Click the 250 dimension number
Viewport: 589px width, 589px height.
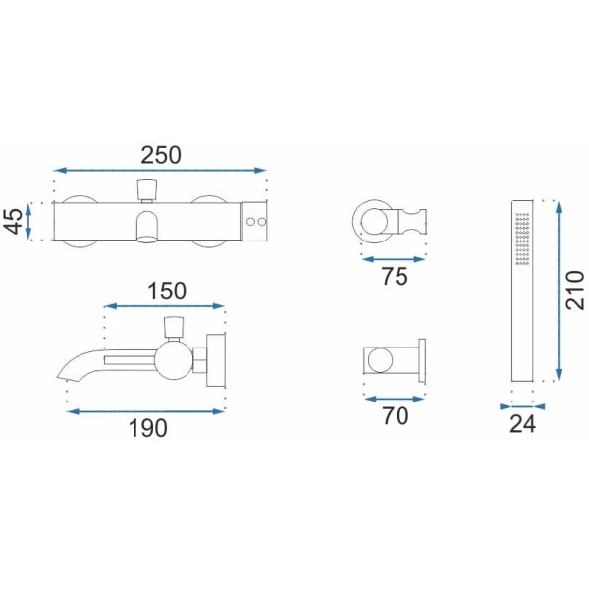161,155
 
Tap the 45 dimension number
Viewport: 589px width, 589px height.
13,221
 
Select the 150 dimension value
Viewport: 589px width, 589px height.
167,292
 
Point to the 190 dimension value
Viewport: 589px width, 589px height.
148,428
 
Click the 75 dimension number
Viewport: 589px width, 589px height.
395,277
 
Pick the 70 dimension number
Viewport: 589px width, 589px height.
396,416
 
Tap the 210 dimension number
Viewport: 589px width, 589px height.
575,291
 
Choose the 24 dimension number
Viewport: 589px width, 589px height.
522,424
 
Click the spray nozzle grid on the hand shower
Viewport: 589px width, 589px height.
522,239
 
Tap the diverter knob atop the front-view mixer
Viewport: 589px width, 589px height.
146,190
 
